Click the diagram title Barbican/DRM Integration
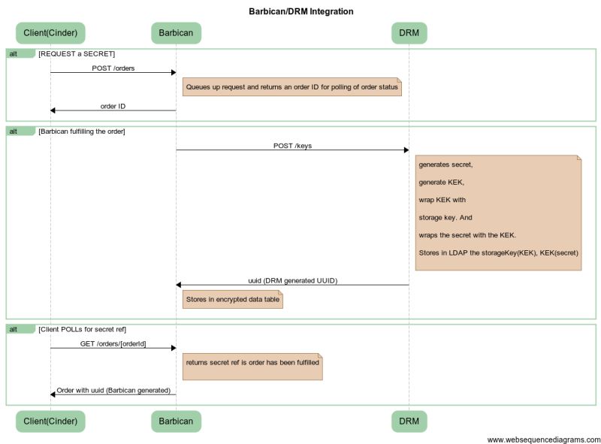(x=300, y=11)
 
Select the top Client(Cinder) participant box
(x=50, y=33)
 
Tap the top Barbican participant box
(x=176, y=33)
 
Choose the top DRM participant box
(x=409, y=33)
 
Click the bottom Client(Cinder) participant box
(x=50, y=421)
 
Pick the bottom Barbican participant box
(x=176, y=421)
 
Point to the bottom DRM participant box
(x=409, y=421)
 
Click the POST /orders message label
(x=113, y=68)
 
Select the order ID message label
(x=113, y=106)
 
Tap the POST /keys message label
(x=292, y=146)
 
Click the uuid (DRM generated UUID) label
(x=292, y=280)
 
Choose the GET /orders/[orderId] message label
(x=113, y=343)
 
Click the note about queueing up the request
(x=291, y=87)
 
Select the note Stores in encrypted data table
(x=232, y=299)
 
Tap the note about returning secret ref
(x=252, y=363)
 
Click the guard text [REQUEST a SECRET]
(x=77, y=54)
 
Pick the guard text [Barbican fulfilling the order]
(x=82, y=131)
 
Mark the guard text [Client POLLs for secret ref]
(x=82, y=329)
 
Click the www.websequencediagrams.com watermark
(x=543, y=439)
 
